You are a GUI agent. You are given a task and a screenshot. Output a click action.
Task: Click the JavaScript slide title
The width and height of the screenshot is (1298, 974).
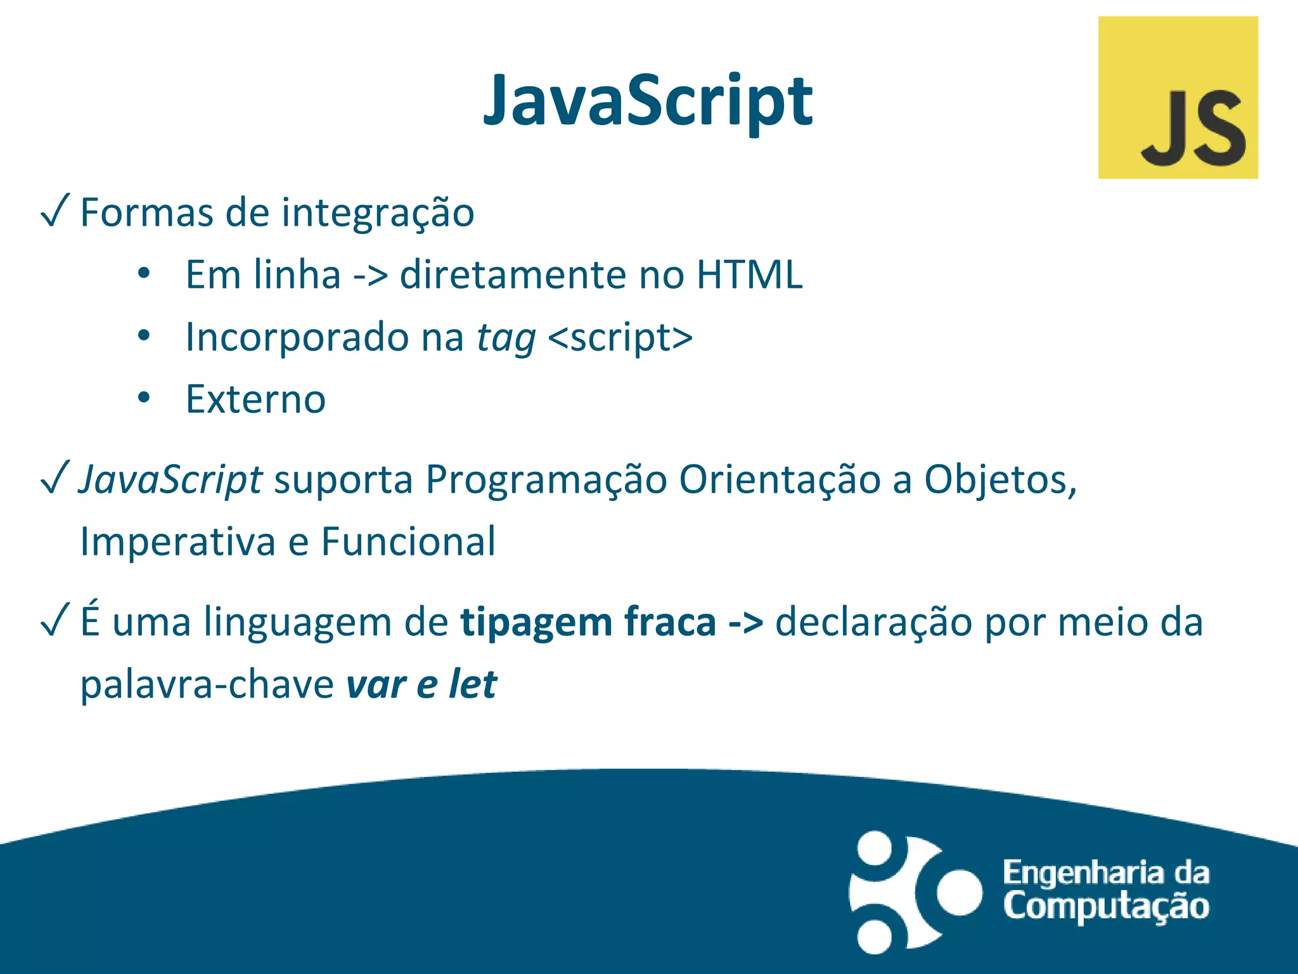[648, 101]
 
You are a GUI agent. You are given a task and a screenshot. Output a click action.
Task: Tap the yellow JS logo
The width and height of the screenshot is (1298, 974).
[1178, 98]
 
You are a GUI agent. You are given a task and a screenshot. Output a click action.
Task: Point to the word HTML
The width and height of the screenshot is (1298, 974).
[749, 275]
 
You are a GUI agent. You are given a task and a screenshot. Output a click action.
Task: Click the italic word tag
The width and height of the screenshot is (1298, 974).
[506, 339]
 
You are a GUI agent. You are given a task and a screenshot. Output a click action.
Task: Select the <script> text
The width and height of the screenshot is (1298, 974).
[620, 337]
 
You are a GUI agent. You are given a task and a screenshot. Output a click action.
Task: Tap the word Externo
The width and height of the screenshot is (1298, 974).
[255, 399]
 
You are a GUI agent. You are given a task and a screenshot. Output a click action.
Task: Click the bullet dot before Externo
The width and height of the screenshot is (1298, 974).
[144, 398]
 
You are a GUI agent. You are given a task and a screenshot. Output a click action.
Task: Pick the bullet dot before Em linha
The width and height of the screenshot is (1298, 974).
[144, 274]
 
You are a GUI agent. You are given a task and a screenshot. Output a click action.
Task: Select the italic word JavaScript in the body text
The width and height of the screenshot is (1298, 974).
[170, 480]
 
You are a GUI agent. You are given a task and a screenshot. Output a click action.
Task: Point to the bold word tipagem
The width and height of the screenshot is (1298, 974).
[536, 623]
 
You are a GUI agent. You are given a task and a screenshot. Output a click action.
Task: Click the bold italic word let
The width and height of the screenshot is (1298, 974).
[473, 684]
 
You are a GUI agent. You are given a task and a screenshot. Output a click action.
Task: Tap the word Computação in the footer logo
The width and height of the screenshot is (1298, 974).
[1106, 907]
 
